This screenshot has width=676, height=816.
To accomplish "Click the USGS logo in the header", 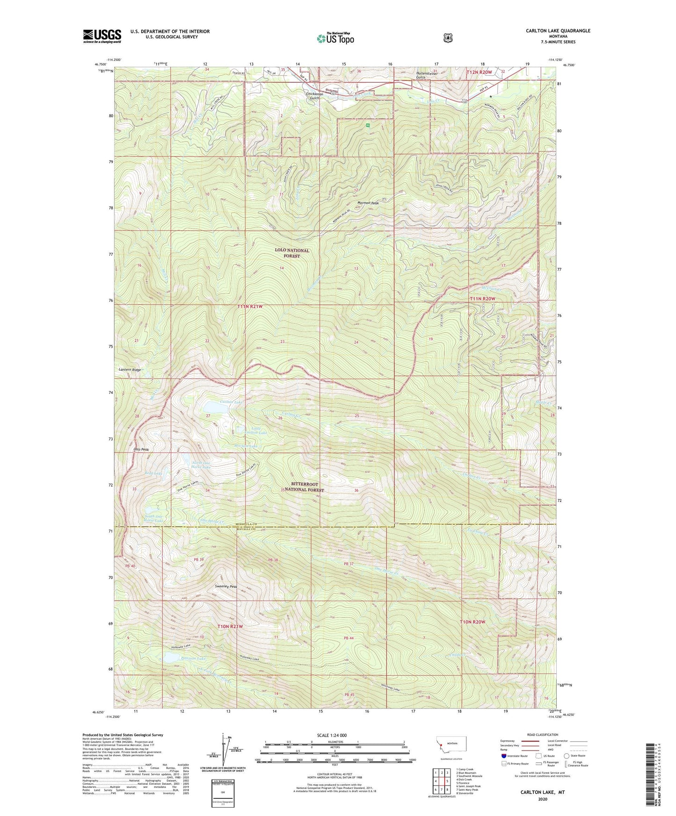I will (x=102, y=36).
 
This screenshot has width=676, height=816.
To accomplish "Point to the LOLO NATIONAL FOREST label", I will (x=292, y=253).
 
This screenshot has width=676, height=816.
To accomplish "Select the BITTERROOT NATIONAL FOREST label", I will (x=305, y=487).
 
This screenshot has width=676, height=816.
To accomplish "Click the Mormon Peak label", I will (x=368, y=203).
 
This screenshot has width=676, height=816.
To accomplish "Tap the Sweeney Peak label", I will (x=226, y=587).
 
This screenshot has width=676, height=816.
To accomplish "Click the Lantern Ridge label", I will (x=130, y=370).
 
